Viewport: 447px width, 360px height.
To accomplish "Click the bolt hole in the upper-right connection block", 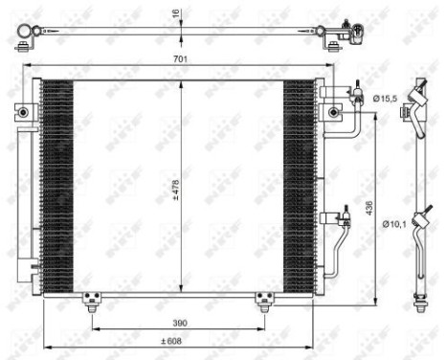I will tap(332, 113).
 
